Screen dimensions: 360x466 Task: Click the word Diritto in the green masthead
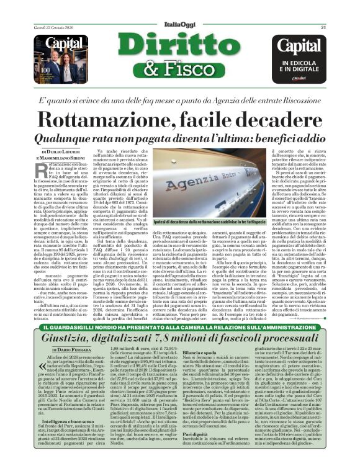179,43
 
